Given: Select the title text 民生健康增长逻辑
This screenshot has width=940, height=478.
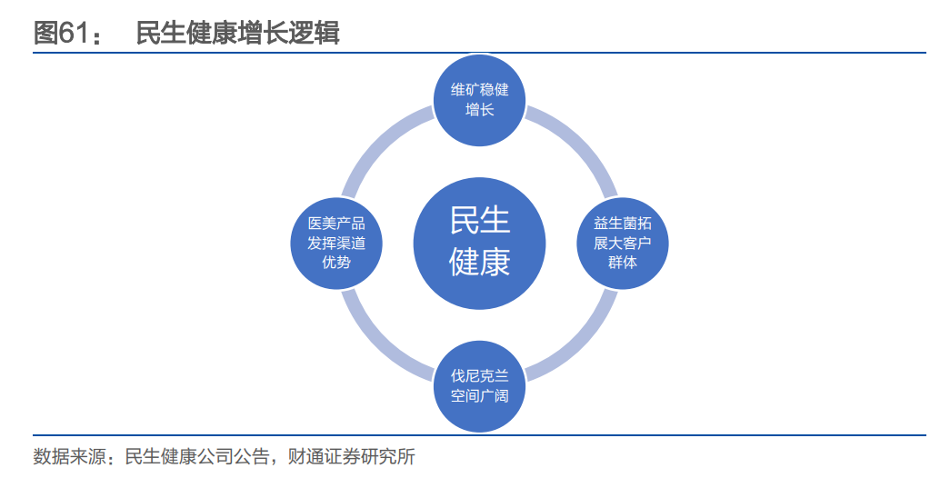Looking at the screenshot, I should click(x=237, y=33).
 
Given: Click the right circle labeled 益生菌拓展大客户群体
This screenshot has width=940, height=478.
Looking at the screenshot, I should click(x=623, y=243).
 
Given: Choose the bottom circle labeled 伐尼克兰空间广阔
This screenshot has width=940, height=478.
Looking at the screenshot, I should click(x=479, y=384).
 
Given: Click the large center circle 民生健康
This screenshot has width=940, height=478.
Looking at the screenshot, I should click(x=479, y=243).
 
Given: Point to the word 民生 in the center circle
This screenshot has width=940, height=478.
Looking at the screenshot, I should click(x=479, y=221).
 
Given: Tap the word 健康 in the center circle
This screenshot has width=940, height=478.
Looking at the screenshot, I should click(x=479, y=263).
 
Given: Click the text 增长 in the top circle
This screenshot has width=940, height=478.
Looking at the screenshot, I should click(x=479, y=110).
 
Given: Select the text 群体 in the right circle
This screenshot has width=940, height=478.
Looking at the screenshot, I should click(x=623, y=263).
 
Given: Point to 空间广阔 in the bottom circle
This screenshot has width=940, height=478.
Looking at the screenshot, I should click(x=479, y=395).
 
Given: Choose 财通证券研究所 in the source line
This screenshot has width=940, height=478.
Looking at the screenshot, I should click(x=355, y=456).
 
